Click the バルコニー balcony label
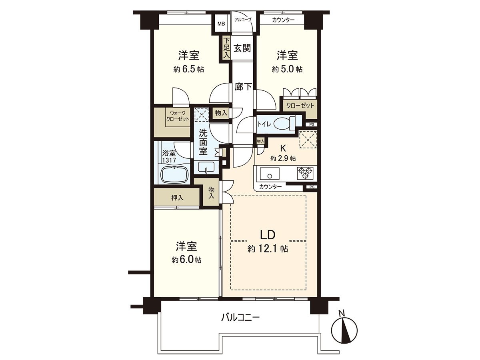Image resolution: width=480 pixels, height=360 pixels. tap(241, 318)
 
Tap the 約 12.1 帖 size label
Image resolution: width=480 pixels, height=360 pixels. tap(268, 249)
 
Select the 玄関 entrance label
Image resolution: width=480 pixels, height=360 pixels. tap(242, 48)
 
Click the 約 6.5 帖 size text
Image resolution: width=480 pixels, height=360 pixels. tap(189, 69)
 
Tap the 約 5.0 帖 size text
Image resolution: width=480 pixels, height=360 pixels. tap(287, 69)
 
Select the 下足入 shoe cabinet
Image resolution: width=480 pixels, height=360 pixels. tap(226, 48)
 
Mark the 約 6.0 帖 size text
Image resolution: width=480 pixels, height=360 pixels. tap(186, 260)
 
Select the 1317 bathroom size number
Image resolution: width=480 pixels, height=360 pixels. tap(169, 160)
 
